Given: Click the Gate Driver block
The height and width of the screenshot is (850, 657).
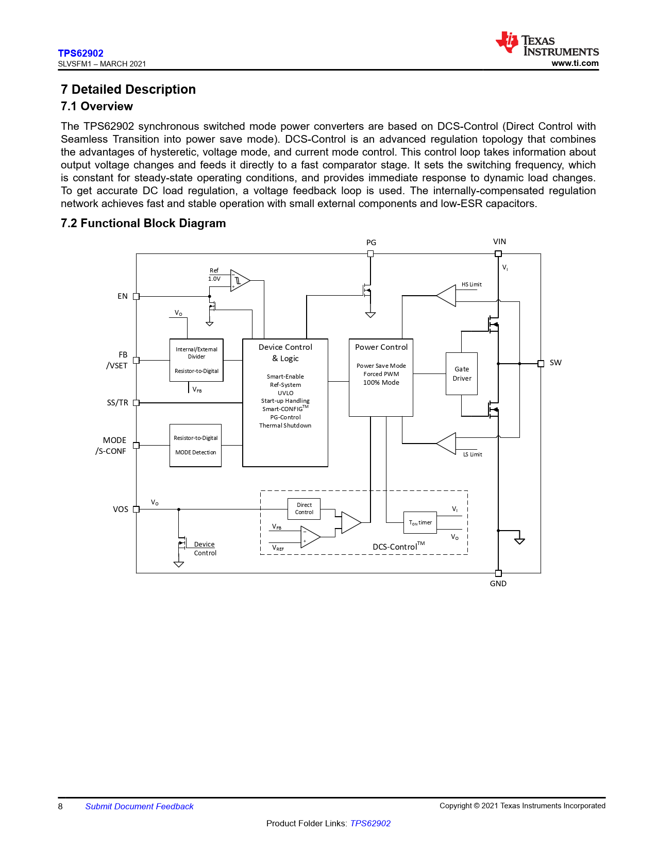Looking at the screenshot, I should (462, 374).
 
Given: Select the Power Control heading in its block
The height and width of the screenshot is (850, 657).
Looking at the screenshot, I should (381, 347).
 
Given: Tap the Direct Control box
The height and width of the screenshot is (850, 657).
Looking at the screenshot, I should (304, 509).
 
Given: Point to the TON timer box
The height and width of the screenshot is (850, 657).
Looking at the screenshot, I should (420, 523).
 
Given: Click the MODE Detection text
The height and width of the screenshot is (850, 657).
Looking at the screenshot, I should (196, 452).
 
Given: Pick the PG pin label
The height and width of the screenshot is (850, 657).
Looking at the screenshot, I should (371, 243).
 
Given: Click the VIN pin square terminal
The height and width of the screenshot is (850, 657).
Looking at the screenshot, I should (498, 254).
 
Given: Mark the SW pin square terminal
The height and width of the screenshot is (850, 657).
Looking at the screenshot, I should (541, 364).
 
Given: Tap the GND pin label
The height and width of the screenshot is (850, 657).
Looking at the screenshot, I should (498, 584).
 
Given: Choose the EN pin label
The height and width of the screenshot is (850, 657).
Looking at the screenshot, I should (123, 296).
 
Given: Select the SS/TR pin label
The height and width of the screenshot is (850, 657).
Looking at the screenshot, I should (117, 403).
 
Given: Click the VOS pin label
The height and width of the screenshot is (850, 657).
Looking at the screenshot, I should (121, 509).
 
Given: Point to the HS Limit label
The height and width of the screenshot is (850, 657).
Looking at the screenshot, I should (471, 284).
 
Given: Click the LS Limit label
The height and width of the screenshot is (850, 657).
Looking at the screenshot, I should (473, 454).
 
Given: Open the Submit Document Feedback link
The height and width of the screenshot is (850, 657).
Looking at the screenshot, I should (139, 807).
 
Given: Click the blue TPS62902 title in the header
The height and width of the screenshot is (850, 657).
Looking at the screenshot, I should (80, 54).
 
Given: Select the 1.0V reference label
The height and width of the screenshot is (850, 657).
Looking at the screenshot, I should (214, 279).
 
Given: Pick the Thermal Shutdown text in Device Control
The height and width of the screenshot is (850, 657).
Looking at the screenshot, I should (285, 426).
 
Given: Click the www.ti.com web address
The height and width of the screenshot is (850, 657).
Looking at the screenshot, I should (575, 63).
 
